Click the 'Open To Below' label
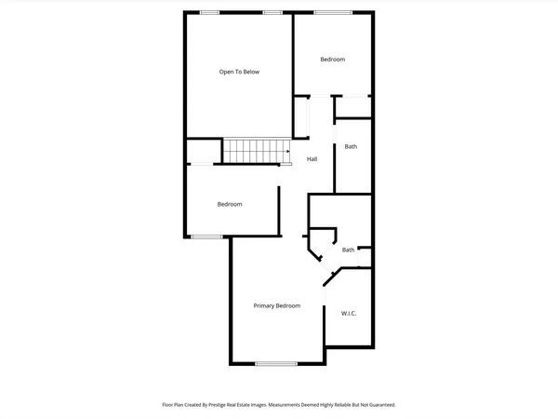click(239, 72)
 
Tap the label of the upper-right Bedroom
click(333, 60)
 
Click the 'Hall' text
click(312, 159)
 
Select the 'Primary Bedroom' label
click(277, 305)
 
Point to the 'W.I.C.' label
click(349, 313)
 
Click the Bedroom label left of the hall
click(230, 204)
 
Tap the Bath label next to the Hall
click(351, 146)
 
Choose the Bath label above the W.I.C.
click(348, 250)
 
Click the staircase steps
click(252, 151)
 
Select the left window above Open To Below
click(210, 11)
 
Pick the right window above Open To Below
click(272, 11)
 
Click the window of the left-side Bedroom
click(206, 237)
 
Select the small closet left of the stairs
click(204, 151)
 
